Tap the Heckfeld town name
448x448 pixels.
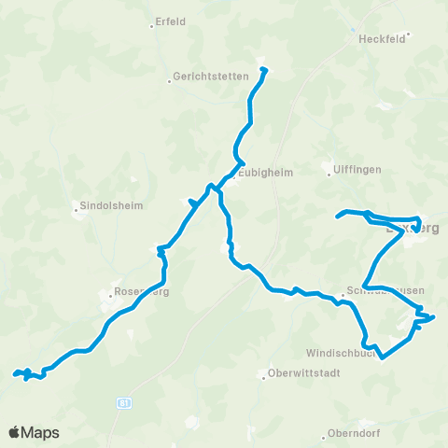tap(381, 40)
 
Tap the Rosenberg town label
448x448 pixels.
tap(140, 291)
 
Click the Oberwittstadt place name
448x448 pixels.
tap(303, 376)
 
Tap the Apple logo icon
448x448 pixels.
tap(15, 432)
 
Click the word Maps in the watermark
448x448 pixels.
tap(41, 432)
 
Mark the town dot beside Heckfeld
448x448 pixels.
tap(408, 35)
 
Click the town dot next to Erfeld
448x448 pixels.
tap(151, 26)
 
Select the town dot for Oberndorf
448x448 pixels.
tap(323, 434)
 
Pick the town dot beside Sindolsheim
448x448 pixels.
tap(77, 209)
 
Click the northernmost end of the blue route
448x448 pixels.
tap(264, 70)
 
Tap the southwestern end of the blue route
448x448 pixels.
tap(15, 375)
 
